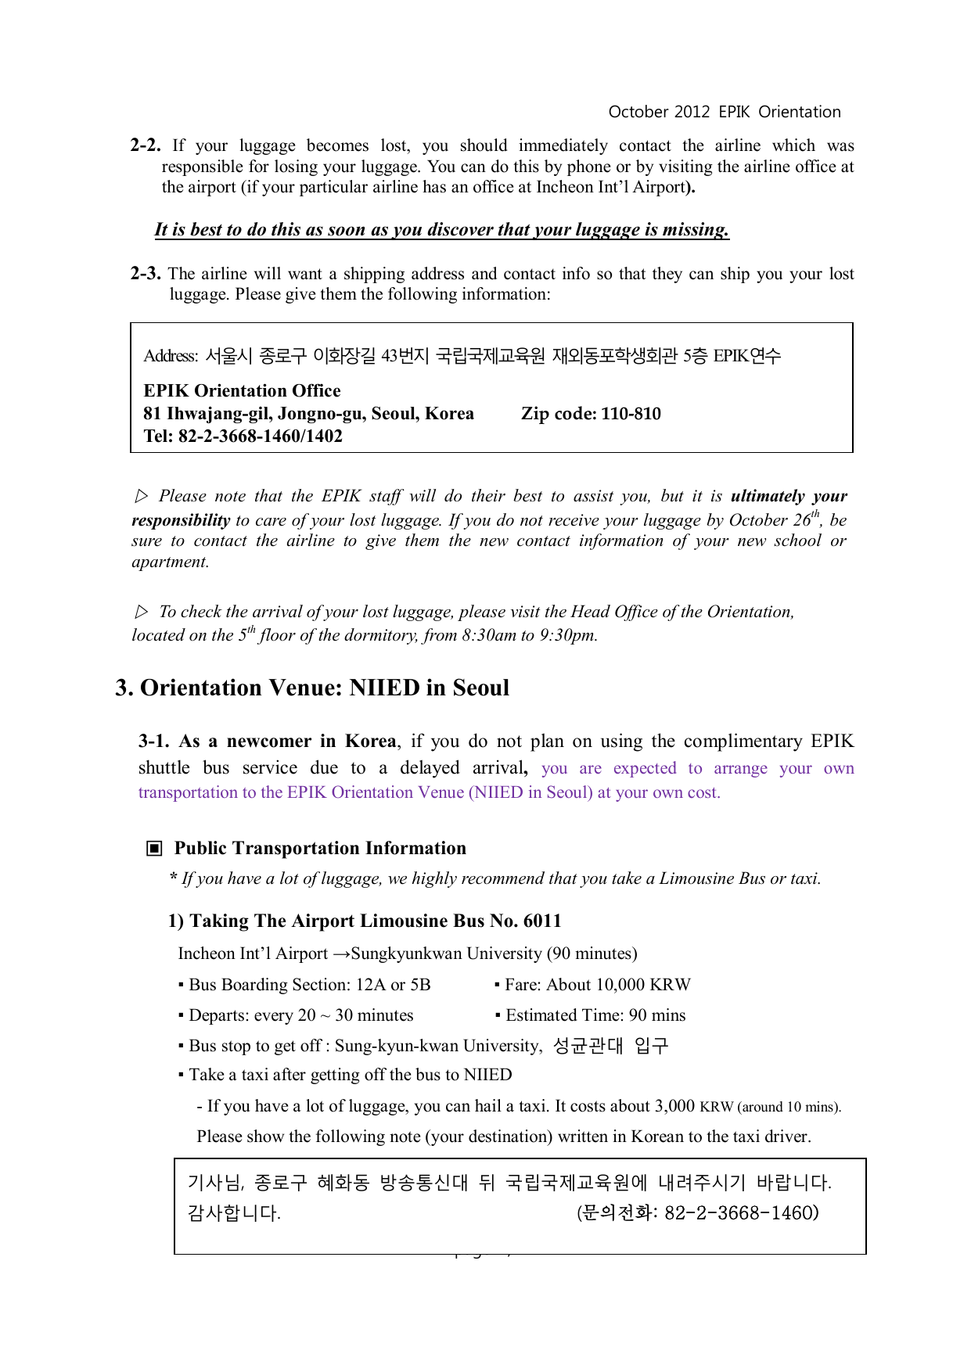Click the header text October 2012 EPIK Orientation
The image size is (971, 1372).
[x=724, y=112]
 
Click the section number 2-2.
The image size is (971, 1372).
[x=146, y=145]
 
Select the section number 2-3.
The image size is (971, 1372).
[x=146, y=274]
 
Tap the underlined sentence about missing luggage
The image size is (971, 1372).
[x=441, y=229]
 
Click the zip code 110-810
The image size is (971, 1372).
[x=631, y=414]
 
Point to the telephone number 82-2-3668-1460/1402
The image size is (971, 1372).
[x=260, y=436]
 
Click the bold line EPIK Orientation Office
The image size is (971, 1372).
[x=242, y=390]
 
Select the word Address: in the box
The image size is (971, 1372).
[x=171, y=357]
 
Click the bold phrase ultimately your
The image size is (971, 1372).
[x=789, y=496]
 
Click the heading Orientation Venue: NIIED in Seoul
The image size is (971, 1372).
[x=324, y=688]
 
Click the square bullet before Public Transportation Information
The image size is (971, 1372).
[x=155, y=849]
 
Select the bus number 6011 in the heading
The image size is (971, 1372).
[x=542, y=921]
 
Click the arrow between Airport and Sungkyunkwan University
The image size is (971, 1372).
[x=341, y=954]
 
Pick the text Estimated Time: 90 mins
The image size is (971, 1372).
[x=595, y=1015]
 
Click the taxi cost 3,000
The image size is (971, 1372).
[x=674, y=1106]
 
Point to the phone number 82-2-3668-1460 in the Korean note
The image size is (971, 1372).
[x=741, y=1213]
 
